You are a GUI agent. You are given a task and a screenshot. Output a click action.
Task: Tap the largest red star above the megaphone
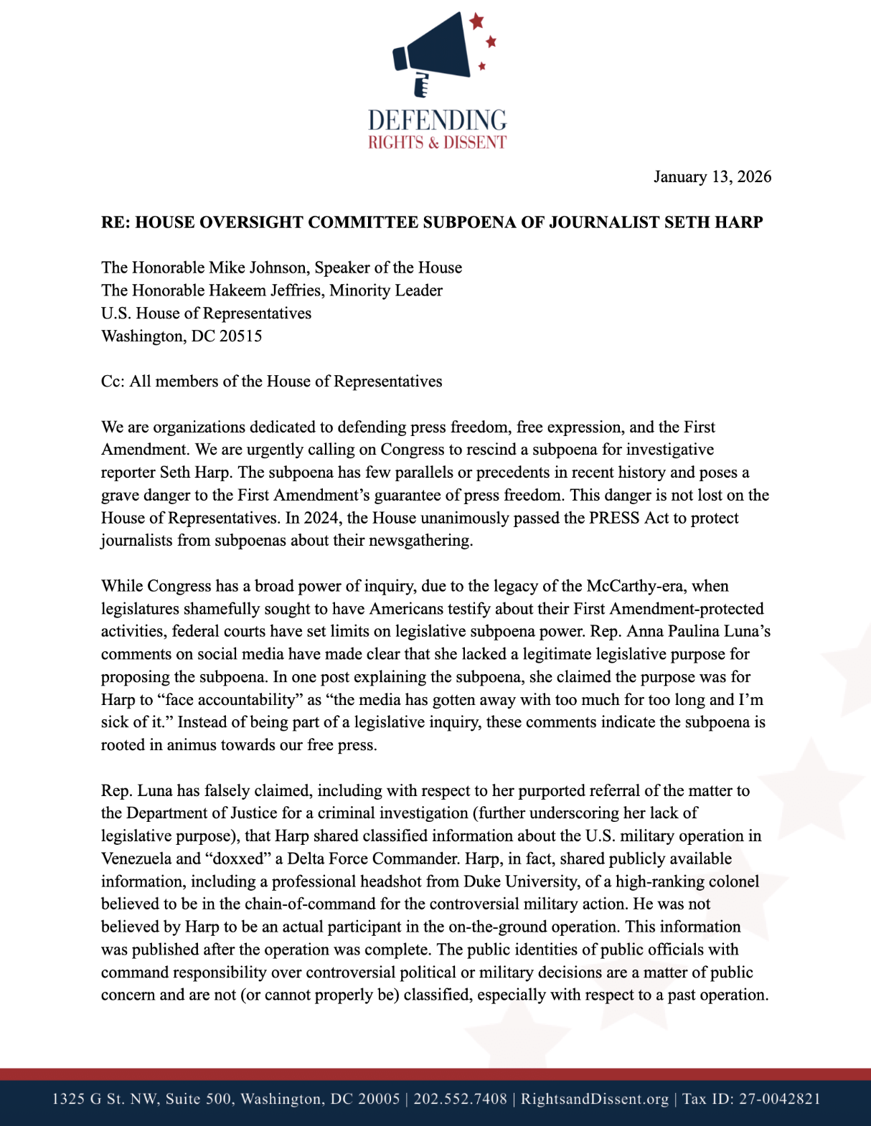click(x=476, y=21)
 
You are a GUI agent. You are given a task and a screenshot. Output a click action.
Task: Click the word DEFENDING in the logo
click(x=437, y=120)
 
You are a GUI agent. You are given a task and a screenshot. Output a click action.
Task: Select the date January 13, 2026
click(x=712, y=177)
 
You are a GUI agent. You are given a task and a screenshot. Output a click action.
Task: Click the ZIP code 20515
click(x=240, y=336)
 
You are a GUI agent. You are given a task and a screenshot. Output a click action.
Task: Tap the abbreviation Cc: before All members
click(x=113, y=382)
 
